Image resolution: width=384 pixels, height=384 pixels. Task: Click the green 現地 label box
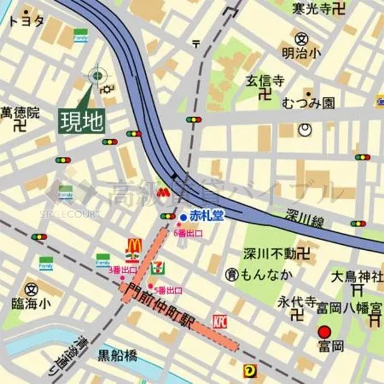click(x=82, y=121)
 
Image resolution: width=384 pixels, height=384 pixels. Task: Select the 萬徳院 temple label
click(x=20, y=112)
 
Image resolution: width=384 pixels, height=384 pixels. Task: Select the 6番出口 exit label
click(x=188, y=233)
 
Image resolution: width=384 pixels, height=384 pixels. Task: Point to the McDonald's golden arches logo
click(x=133, y=246)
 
